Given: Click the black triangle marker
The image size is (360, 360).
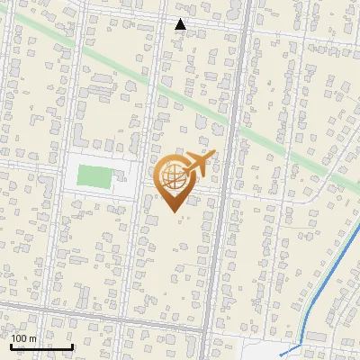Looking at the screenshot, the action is pos(180,24).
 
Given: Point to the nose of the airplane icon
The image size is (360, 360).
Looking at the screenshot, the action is pos(214,155).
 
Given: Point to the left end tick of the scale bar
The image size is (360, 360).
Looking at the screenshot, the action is pos(10,346).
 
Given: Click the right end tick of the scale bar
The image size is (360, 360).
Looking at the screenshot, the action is pos(72,346).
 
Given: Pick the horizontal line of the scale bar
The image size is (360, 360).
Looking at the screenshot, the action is pos(40,347).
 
